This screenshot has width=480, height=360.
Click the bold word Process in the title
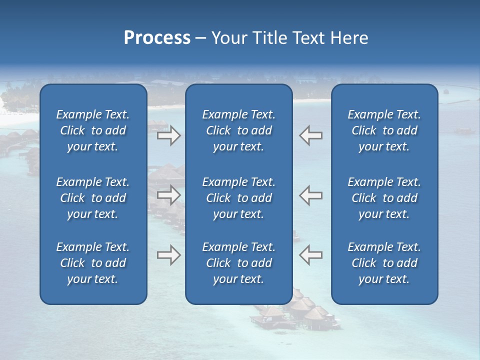157,38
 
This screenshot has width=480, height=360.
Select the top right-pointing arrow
168,135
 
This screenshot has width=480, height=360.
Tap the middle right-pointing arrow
168,194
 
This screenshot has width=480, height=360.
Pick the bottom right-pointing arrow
168,255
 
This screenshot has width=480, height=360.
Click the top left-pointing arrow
310,135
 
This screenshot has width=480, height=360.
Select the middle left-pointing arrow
310,194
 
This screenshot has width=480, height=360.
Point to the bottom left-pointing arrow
310,255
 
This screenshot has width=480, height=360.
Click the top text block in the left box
93,130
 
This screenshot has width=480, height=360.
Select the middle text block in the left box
93,198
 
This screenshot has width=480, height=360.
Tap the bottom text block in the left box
93,263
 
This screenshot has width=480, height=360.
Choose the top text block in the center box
239,130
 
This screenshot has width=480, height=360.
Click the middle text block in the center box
239,198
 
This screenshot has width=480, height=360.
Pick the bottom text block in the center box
239,263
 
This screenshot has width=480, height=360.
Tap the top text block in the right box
384,130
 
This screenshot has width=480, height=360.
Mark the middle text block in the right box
384,198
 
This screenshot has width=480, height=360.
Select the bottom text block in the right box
384,263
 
